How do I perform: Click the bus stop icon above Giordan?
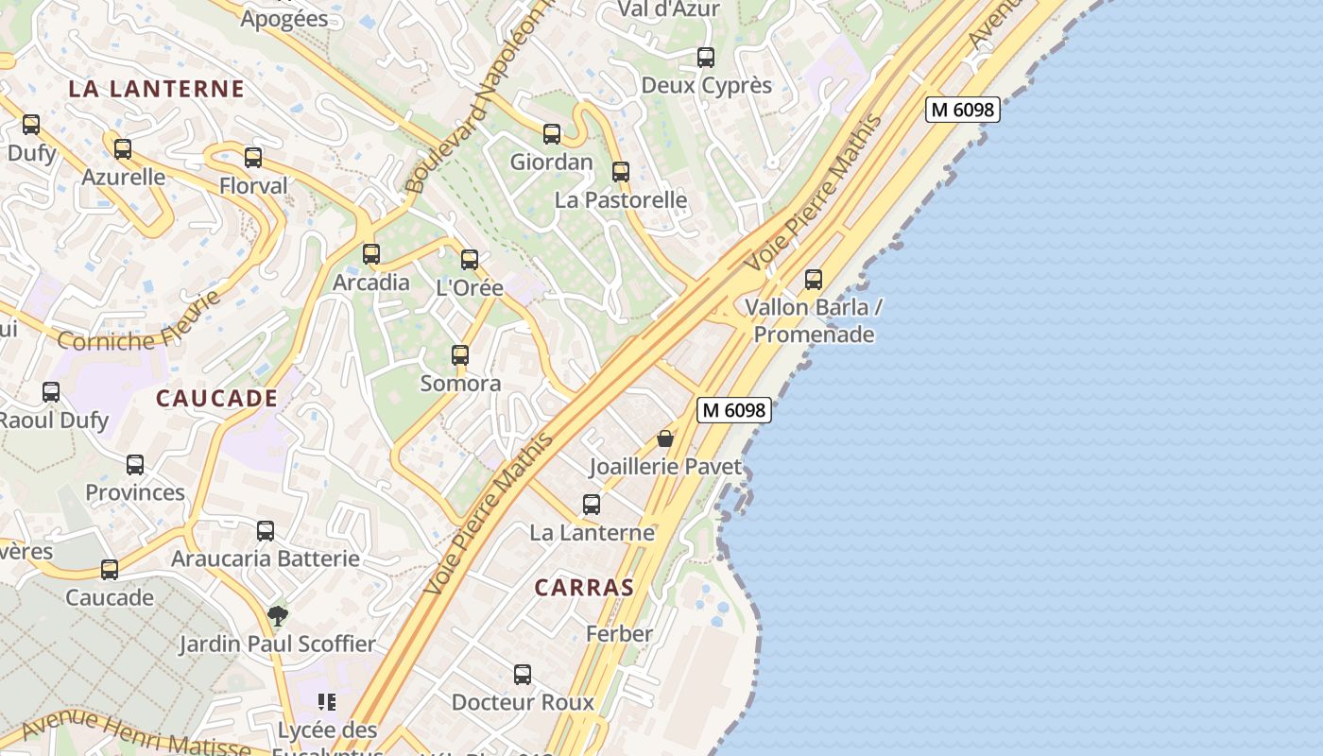point(552,134)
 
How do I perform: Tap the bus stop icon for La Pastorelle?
point(621,172)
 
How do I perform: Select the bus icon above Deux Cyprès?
point(706,58)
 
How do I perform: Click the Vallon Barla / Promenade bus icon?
point(814,280)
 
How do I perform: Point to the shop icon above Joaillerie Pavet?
point(665,438)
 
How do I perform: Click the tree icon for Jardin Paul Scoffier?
point(278,616)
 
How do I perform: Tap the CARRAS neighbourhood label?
point(584,588)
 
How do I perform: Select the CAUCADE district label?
point(216,399)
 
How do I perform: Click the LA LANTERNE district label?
point(157,90)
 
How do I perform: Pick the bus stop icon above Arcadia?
point(371,254)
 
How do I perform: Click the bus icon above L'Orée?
point(470,260)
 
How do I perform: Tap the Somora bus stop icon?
point(460,355)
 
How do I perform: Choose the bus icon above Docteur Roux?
point(523,675)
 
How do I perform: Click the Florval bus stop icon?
point(253,158)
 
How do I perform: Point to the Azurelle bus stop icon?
point(123,149)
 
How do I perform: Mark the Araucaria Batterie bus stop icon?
point(266,531)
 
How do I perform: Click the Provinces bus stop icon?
point(135,465)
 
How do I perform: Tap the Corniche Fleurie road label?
point(140,323)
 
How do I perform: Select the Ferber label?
point(619,634)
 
